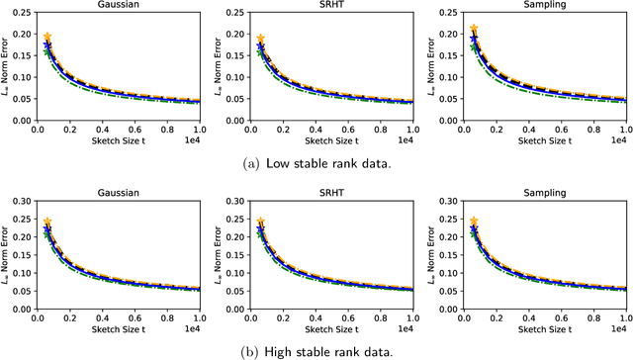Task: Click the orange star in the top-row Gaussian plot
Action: (46, 37)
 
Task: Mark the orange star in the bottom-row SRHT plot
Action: (260, 223)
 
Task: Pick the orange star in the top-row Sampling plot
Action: (474, 31)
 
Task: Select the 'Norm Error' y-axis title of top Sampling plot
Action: (431, 69)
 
